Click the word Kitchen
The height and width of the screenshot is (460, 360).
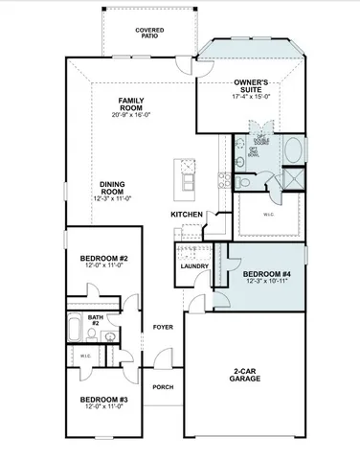(188, 214)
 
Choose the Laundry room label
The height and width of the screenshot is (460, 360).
(194, 266)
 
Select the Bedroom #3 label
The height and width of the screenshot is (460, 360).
(104, 401)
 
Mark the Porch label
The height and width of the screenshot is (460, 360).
(163, 388)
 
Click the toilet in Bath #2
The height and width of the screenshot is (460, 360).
(111, 335)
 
